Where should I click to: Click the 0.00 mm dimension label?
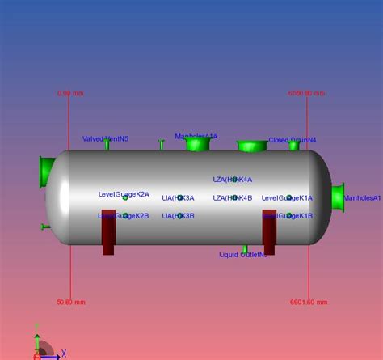[71, 93]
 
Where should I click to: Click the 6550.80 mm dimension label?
[307, 93]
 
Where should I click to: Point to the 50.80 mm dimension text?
[71, 302]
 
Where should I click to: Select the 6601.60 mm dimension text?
[308, 302]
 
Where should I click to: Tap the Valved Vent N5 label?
[105, 138]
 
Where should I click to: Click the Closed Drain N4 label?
[293, 139]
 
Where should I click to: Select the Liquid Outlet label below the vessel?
[243, 255]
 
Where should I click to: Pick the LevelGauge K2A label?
[124, 194]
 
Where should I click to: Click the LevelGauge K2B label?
[124, 216]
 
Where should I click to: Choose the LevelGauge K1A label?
[287, 197]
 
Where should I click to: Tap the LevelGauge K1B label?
[287, 216]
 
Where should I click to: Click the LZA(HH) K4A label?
[233, 180]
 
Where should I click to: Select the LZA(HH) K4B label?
[233, 197]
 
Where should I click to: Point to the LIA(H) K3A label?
[178, 197]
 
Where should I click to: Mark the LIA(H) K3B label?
[178, 216]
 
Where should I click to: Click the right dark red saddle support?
[269, 231]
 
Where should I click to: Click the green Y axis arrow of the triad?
[37, 333]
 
